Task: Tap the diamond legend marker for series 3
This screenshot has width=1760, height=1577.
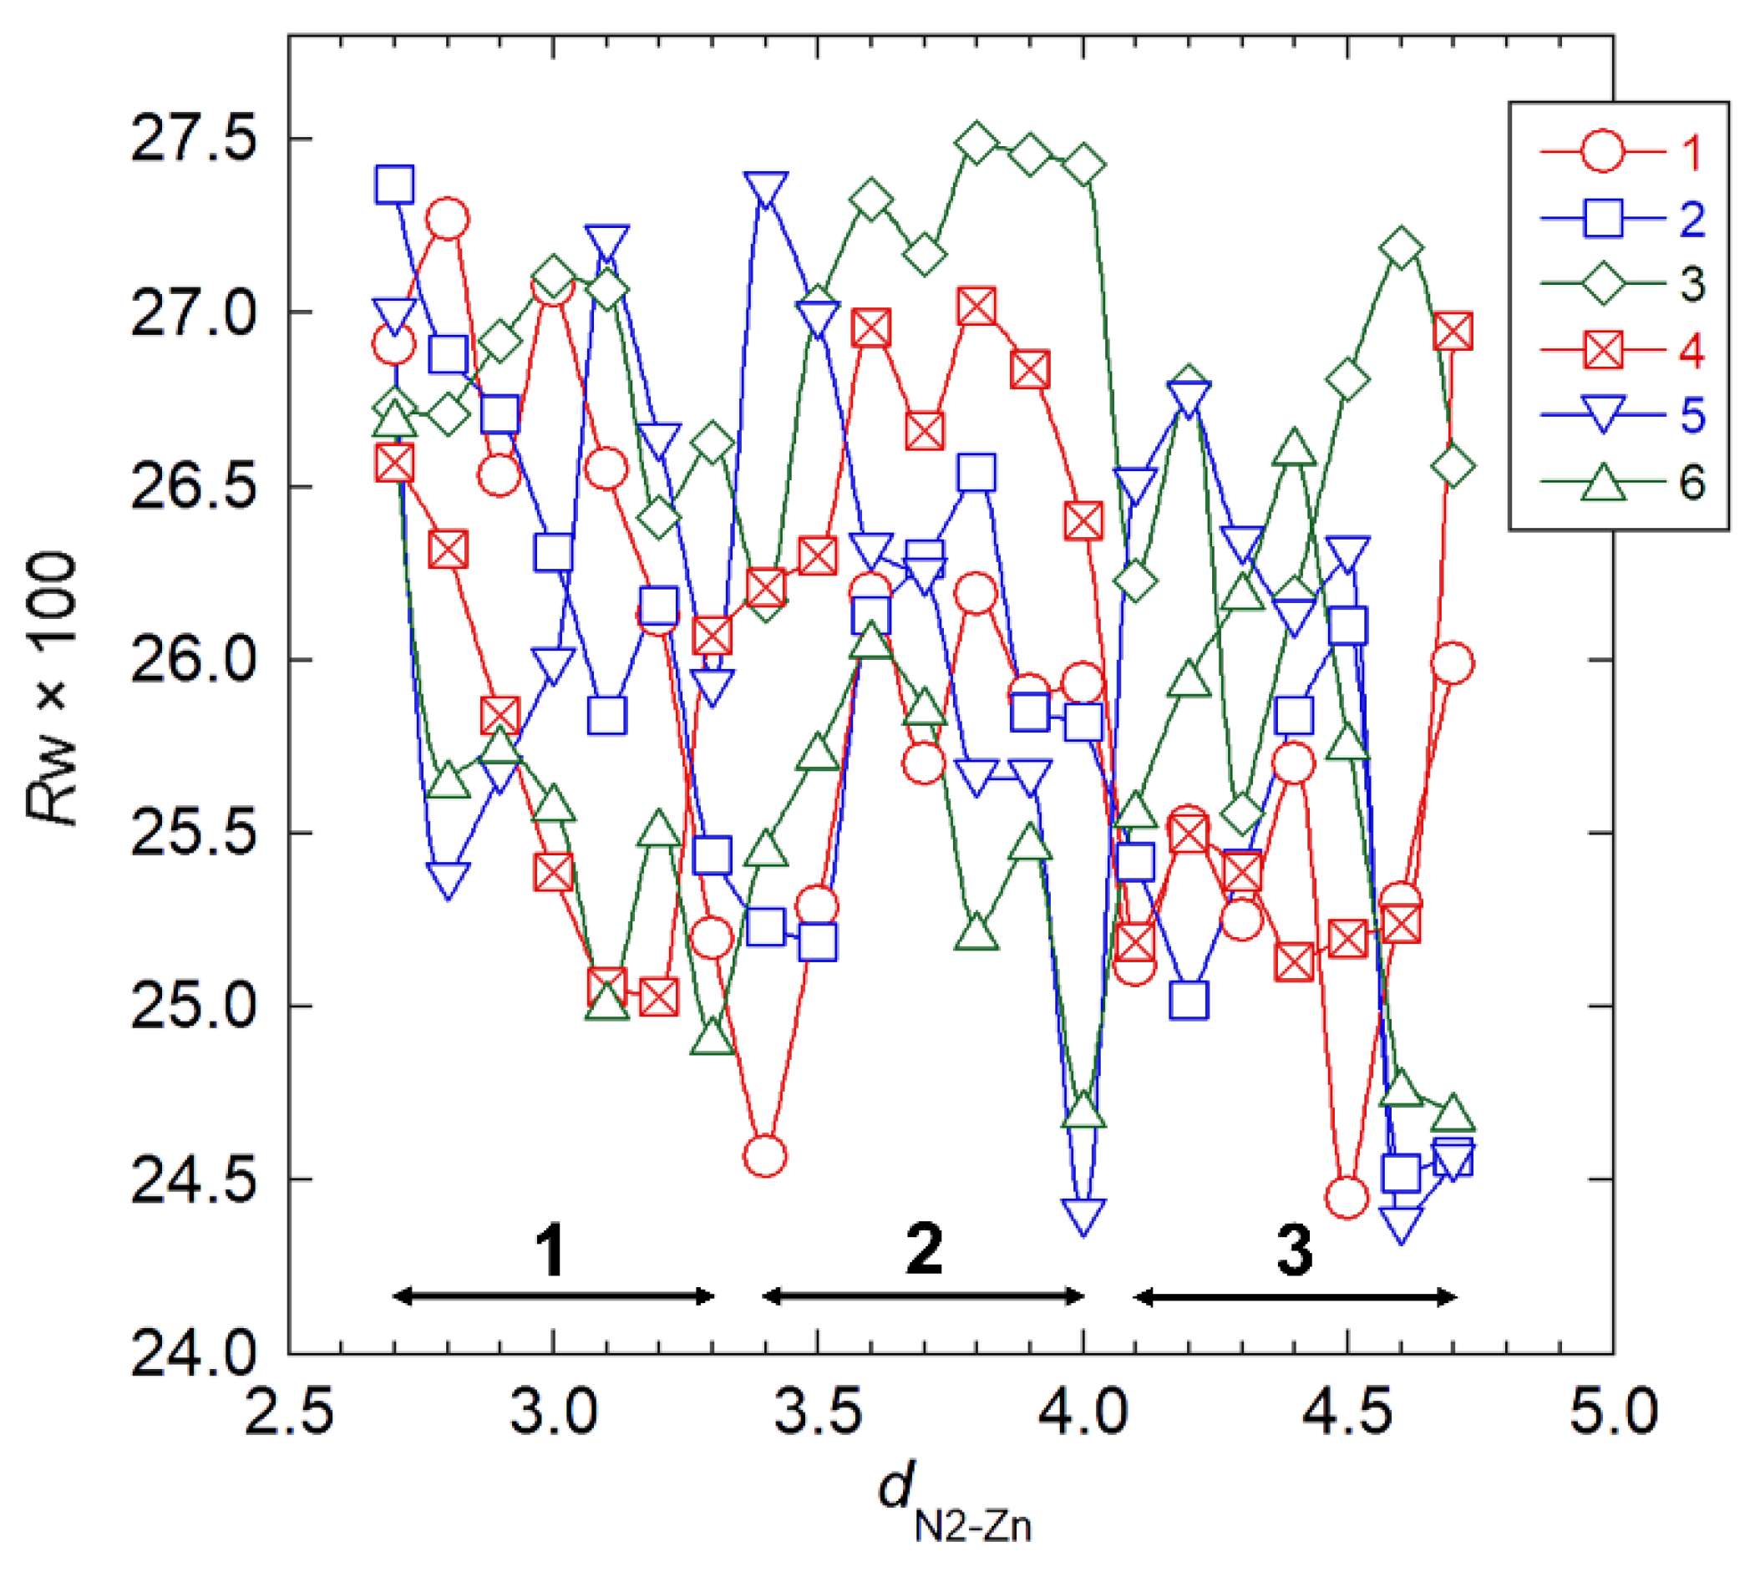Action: coord(1601,284)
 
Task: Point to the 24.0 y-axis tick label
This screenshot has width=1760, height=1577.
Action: coord(185,1353)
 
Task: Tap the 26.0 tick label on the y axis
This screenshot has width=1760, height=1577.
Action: coord(185,659)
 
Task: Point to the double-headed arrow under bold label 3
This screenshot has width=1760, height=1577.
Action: coord(1295,1297)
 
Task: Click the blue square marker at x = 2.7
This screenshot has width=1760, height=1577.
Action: coord(395,185)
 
